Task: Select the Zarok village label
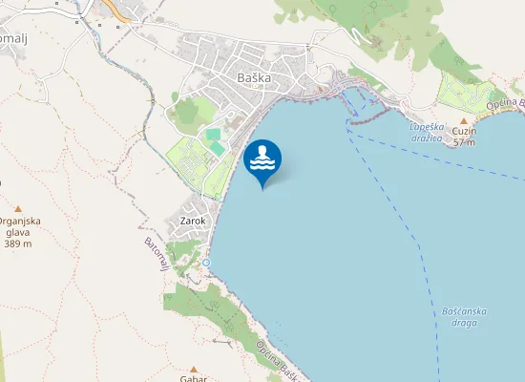[x=193, y=221]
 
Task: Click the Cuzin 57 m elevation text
[x=465, y=137]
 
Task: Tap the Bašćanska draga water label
[x=466, y=316]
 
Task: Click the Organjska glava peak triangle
[x=17, y=208]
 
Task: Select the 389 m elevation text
[x=18, y=244]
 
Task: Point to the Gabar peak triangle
[x=193, y=368]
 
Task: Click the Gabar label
[x=193, y=378]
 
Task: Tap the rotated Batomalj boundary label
[x=156, y=253]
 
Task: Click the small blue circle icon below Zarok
[x=205, y=262]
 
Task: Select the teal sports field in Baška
[x=214, y=137]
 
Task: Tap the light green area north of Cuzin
[x=468, y=92]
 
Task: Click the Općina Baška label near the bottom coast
[x=278, y=364]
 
